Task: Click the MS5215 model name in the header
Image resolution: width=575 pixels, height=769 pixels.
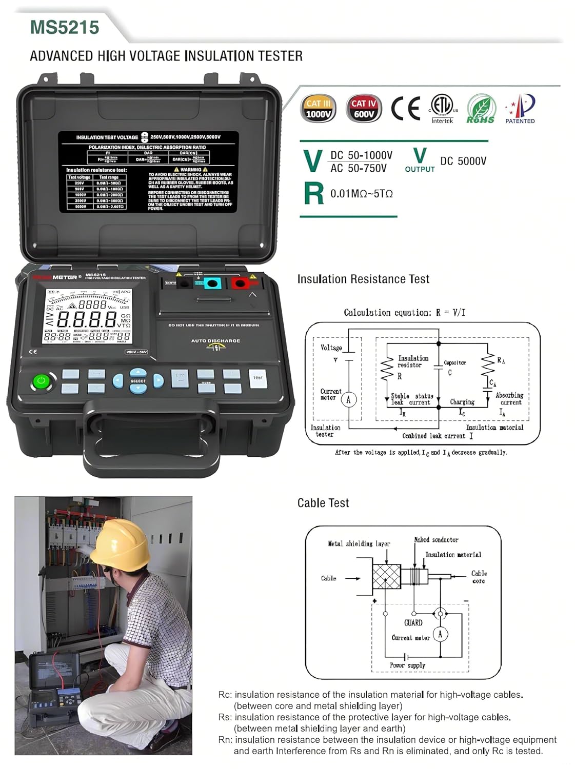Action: pyautogui.click(x=65, y=27)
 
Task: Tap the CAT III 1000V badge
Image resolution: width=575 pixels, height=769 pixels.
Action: pyautogui.click(x=318, y=109)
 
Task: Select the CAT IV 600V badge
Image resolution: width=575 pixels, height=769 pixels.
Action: pyautogui.click(x=364, y=109)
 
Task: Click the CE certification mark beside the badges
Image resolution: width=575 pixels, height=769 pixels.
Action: pyautogui.click(x=405, y=108)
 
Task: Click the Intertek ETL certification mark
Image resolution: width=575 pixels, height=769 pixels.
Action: pyautogui.click(x=443, y=108)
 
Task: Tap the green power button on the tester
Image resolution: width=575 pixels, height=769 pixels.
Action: pyautogui.click(x=42, y=381)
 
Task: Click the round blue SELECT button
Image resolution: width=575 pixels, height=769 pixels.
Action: pyautogui.click(x=138, y=381)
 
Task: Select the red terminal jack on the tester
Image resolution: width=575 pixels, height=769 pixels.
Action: pyautogui.click(x=239, y=283)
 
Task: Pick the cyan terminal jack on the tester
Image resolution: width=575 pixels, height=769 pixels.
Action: pyautogui.click(x=211, y=283)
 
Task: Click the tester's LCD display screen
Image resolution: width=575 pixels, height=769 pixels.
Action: pyautogui.click(x=88, y=316)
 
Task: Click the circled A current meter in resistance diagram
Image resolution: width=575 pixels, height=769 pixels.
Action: pyautogui.click(x=349, y=399)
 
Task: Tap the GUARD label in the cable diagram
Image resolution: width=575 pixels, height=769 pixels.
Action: pyautogui.click(x=413, y=623)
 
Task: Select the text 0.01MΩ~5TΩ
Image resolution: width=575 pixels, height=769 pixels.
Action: pyautogui.click(x=361, y=194)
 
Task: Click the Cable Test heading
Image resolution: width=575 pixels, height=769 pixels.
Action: pyautogui.click(x=323, y=503)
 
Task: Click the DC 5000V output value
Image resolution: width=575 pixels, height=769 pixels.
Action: pyautogui.click(x=463, y=161)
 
